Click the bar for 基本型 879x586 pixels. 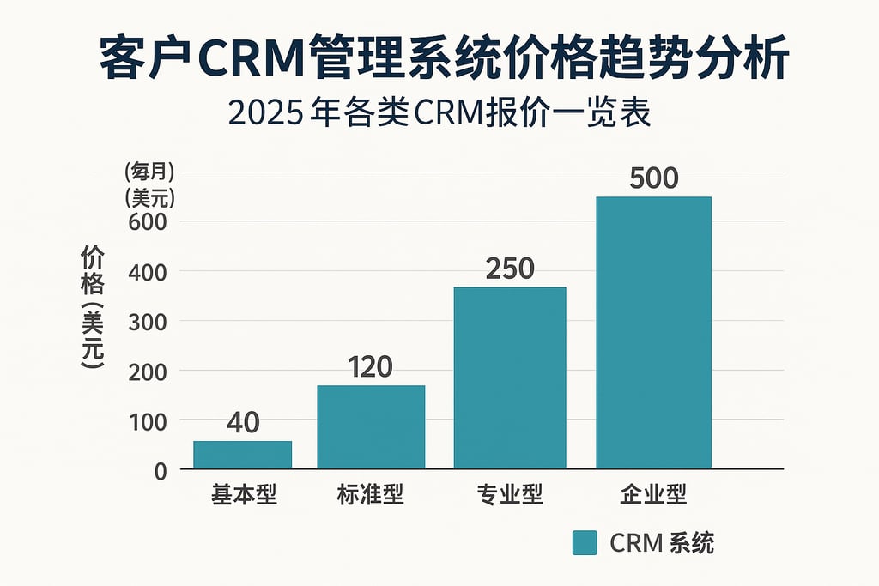pyautogui.click(x=242, y=455)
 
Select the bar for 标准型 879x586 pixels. pyautogui.click(x=371, y=427)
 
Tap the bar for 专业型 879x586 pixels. pyautogui.click(x=510, y=378)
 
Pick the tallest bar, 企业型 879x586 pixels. pyautogui.click(x=654, y=333)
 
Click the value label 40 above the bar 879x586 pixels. pyautogui.click(x=243, y=422)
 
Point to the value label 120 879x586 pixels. pyautogui.click(x=371, y=367)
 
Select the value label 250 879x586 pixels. pyautogui.click(x=510, y=269)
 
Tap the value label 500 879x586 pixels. pyautogui.click(x=654, y=178)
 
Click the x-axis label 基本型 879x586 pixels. pyautogui.click(x=244, y=496)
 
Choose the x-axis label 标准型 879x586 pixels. pyautogui.click(x=370, y=496)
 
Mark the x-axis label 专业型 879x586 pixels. pyautogui.click(x=510, y=496)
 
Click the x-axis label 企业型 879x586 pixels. pyautogui.click(x=654, y=496)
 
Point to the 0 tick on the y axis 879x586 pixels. pyautogui.click(x=160, y=471)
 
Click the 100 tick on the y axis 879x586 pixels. pyautogui.click(x=149, y=421)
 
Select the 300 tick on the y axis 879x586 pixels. pyautogui.click(x=149, y=322)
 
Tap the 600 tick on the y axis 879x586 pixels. pyautogui.click(x=149, y=221)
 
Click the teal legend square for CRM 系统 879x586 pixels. pyautogui.click(x=584, y=543)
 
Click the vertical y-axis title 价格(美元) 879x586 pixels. pyautogui.click(x=93, y=309)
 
